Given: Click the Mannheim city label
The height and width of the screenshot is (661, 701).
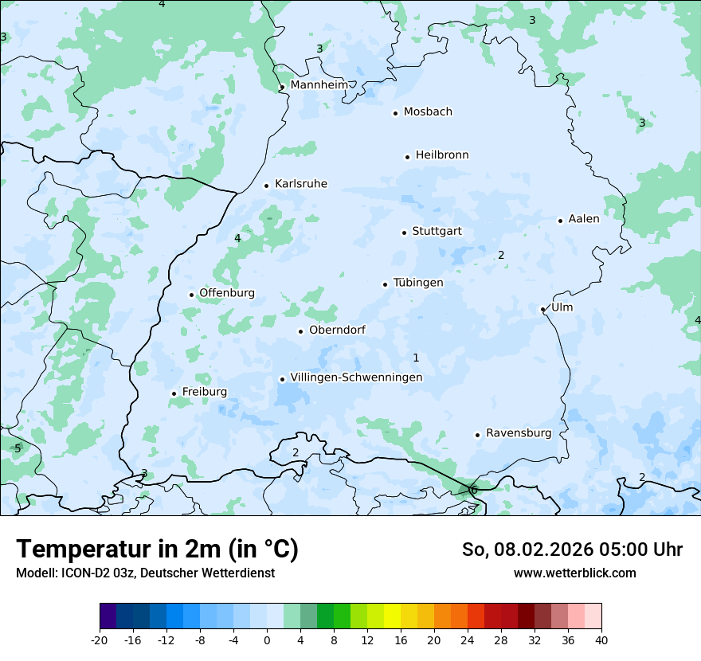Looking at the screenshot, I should [x=319, y=84].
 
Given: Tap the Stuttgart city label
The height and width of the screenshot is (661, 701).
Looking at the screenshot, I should [x=437, y=232].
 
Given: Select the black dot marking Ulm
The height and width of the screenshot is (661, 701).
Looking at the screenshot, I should [x=542, y=309].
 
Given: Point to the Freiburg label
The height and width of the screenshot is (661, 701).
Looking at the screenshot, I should [x=204, y=392].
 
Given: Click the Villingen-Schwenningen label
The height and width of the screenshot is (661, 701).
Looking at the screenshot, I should [x=356, y=377].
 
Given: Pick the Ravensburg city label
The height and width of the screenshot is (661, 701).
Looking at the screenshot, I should [x=519, y=433].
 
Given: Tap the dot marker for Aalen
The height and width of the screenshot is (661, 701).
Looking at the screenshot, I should [x=560, y=221].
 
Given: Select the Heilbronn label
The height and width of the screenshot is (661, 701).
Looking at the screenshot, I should [x=442, y=155].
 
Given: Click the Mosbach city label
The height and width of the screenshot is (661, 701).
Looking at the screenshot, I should [x=428, y=112].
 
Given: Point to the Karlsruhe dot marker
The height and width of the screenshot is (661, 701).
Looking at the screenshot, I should [x=266, y=186].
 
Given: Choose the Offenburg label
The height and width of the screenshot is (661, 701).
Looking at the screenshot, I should [x=227, y=293].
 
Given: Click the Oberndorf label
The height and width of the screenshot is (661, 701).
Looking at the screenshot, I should [x=337, y=330].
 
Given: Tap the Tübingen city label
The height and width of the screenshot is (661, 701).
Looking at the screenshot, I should [x=418, y=283].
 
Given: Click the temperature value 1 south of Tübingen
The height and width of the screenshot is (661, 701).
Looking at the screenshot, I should [x=416, y=358].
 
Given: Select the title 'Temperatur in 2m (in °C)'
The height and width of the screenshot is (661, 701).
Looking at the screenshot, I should [x=157, y=549].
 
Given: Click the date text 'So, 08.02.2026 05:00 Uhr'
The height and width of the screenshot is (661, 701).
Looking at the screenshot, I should [x=572, y=550].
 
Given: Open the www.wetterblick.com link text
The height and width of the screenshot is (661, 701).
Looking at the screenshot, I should [x=574, y=573].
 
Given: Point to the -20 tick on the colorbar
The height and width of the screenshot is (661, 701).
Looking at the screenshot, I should [x=100, y=639].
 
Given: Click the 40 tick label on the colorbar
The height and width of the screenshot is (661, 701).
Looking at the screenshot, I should [x=601, y=639].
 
